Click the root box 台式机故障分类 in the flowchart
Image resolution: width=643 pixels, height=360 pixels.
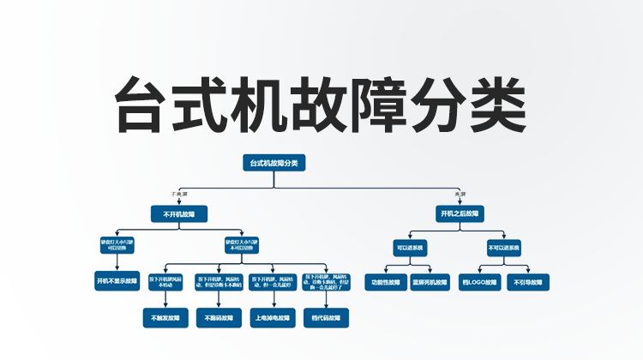pyautogui.click(x=273, y=162)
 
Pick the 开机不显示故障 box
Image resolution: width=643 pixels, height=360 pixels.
pyautogui.click(x=117, y=280)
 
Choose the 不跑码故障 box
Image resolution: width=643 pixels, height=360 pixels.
pyautogui.click(x=218, y=318)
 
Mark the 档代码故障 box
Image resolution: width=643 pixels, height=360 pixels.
pyautogui.click(x=325, y=318)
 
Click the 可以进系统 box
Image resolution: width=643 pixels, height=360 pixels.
pyautogui.click(x=410, y=247)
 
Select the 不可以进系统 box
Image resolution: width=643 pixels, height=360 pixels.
pyautogui.click(x=503, y=247)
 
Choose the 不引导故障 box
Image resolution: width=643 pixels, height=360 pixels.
pyautogui.click(x=526, y=281)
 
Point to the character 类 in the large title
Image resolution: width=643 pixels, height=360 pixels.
pyautogui.click(x=496, y=103)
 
